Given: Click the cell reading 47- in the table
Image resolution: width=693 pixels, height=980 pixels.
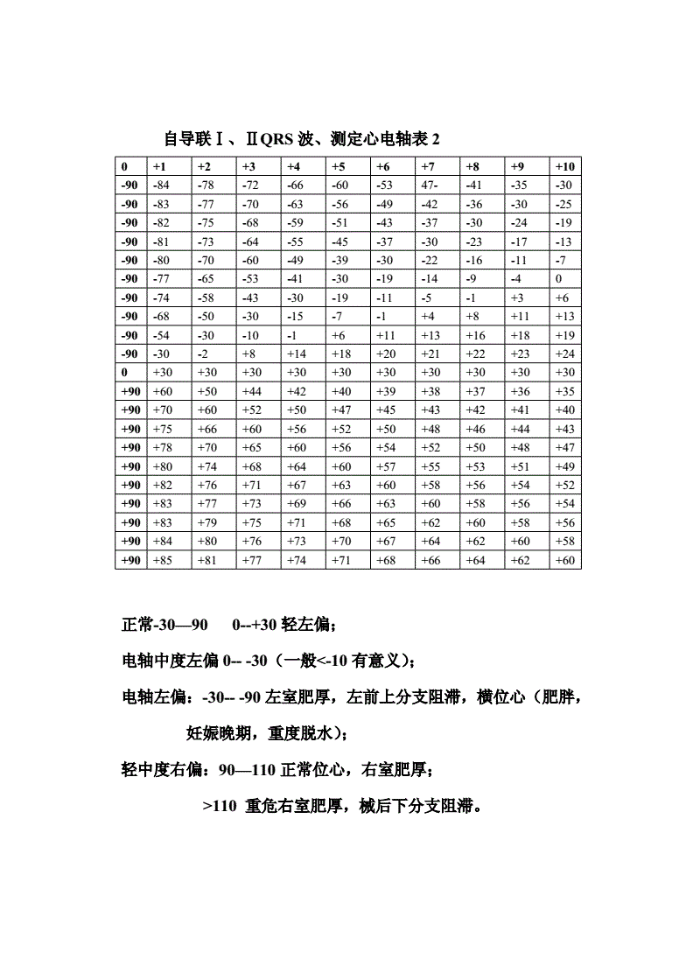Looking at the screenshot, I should (430, 185).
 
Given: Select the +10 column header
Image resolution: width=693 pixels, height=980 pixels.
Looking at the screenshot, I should (564, 166).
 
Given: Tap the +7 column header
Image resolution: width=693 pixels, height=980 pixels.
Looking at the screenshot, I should (429, 166).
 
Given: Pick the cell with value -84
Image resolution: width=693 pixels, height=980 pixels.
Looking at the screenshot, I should (161, 185).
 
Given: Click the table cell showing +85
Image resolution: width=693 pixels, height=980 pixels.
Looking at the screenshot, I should (163, 560).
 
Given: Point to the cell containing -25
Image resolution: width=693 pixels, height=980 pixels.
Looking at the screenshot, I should (564, 204).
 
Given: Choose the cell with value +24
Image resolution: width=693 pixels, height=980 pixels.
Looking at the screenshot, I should (564, 353).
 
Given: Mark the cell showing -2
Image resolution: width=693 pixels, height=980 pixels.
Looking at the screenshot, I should (204, 353).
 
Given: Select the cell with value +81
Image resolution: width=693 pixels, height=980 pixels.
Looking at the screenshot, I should (207, 560).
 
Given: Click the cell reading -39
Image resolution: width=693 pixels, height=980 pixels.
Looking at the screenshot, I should (340, 260).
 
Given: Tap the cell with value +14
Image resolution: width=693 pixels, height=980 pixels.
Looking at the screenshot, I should (297, 353).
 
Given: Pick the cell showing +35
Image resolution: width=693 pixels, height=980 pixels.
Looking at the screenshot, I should (565, 391).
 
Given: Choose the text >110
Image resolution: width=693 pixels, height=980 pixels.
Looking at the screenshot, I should (220, 806).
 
